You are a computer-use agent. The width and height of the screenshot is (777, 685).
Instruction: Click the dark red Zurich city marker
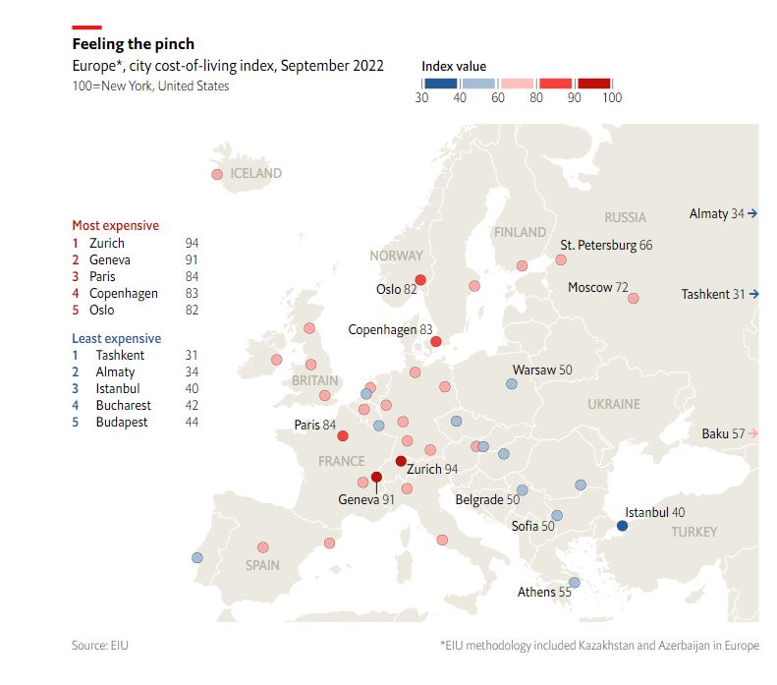point(401,461)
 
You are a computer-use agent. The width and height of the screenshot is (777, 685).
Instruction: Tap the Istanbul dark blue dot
point(622,527)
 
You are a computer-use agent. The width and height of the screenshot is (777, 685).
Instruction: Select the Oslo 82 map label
point(396,289)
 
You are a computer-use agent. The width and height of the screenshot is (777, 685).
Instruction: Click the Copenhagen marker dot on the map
point(436,342)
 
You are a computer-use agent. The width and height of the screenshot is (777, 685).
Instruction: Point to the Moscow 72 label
point(597,288)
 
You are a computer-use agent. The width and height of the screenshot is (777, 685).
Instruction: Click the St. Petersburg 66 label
point(606,245)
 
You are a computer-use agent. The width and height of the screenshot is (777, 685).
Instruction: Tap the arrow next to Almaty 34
point(752,213)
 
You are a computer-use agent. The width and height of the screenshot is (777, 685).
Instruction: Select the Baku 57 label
point(723,433)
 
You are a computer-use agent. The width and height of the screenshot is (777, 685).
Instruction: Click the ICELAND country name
point(255,173)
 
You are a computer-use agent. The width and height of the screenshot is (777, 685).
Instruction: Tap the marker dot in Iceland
point(217,175)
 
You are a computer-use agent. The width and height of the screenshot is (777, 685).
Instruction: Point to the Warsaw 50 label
point(541,370)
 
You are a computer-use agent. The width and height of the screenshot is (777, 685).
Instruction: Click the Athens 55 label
point(544,592)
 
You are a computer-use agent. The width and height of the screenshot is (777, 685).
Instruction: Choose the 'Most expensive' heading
point(116,225)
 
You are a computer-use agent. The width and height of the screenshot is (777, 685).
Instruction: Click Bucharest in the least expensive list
point(123,405)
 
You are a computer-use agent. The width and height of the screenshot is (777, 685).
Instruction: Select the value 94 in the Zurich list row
point(192,243)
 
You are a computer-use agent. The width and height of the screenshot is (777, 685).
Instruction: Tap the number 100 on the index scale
point(611,97)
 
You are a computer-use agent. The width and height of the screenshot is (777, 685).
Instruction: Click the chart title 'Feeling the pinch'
point(134,44)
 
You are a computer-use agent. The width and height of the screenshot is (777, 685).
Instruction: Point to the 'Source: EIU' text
point(99,646)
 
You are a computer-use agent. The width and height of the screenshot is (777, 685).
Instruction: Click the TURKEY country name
point(694,532)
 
